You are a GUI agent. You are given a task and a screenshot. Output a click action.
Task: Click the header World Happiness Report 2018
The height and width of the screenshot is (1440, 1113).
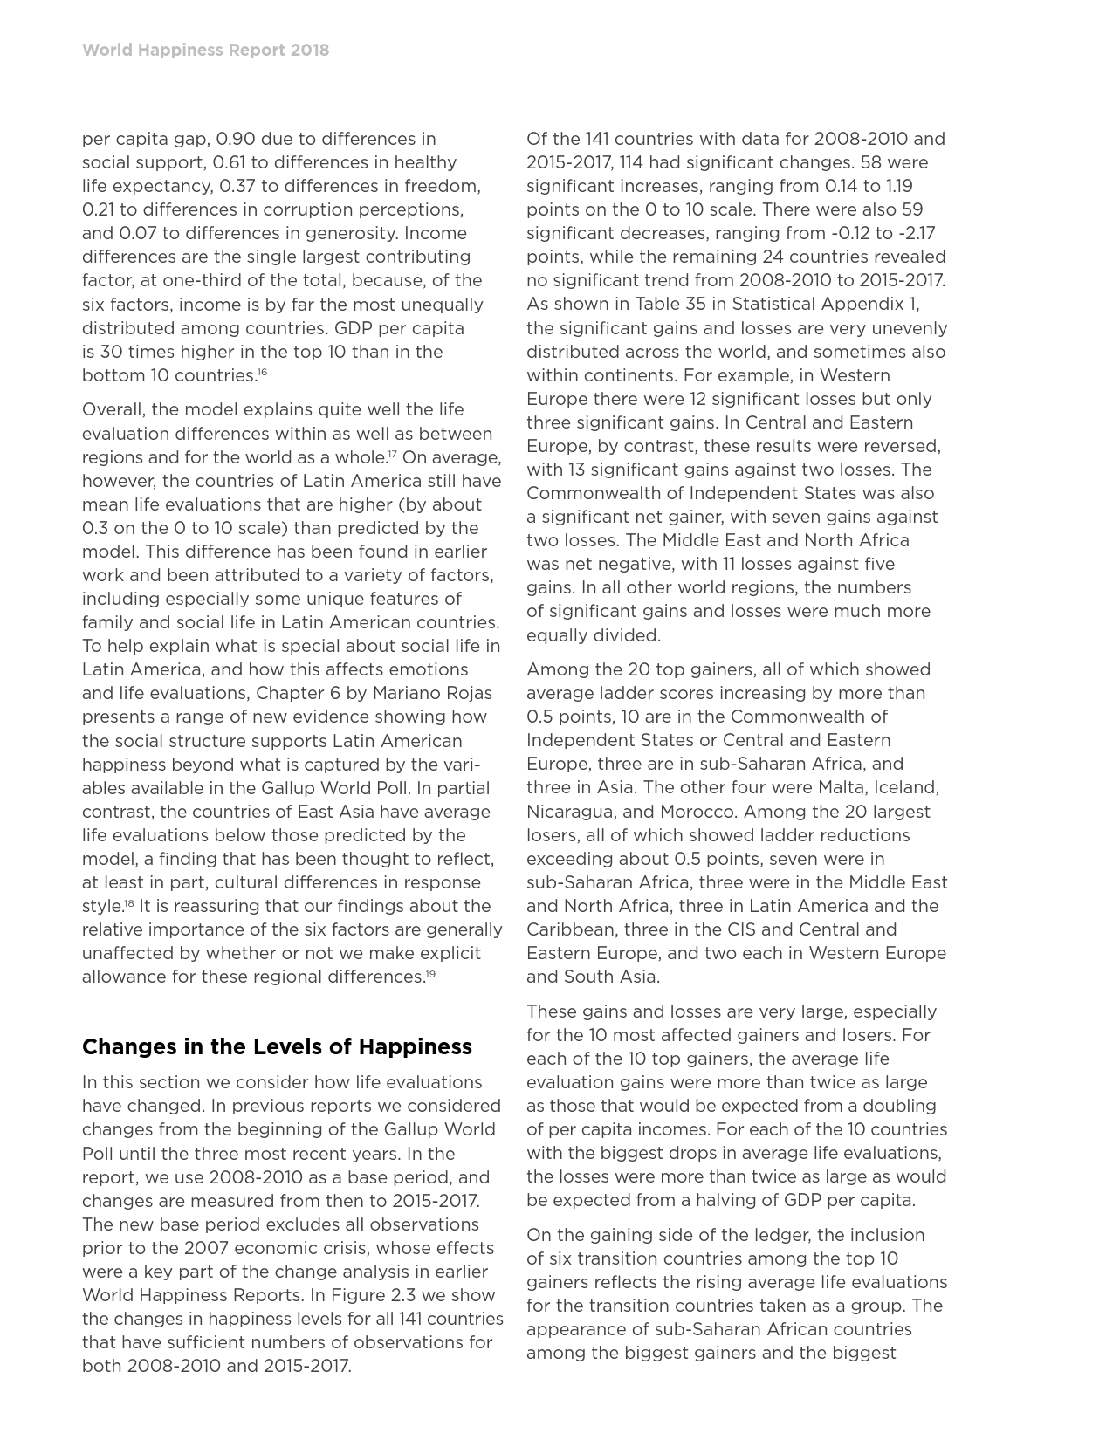click(x=205, y=50)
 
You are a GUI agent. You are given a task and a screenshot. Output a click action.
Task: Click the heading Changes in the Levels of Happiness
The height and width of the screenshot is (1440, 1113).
click(x=277, y=1046)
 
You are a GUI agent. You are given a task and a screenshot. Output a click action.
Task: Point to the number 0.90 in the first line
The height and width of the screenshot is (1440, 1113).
click(x=236, y=139)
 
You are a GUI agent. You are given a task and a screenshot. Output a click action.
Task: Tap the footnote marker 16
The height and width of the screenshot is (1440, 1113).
click(x=262, y=373)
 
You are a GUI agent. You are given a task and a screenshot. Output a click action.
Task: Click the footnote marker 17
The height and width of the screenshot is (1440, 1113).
click(x=393, y=455)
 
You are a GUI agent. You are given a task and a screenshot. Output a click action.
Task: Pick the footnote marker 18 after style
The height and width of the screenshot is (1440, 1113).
click(x=128, y=903)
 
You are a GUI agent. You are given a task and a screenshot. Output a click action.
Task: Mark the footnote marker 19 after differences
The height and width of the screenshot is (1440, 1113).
click(x=430, y=974)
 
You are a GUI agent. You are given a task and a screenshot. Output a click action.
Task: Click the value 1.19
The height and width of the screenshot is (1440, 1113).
click(x=896, y=186)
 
